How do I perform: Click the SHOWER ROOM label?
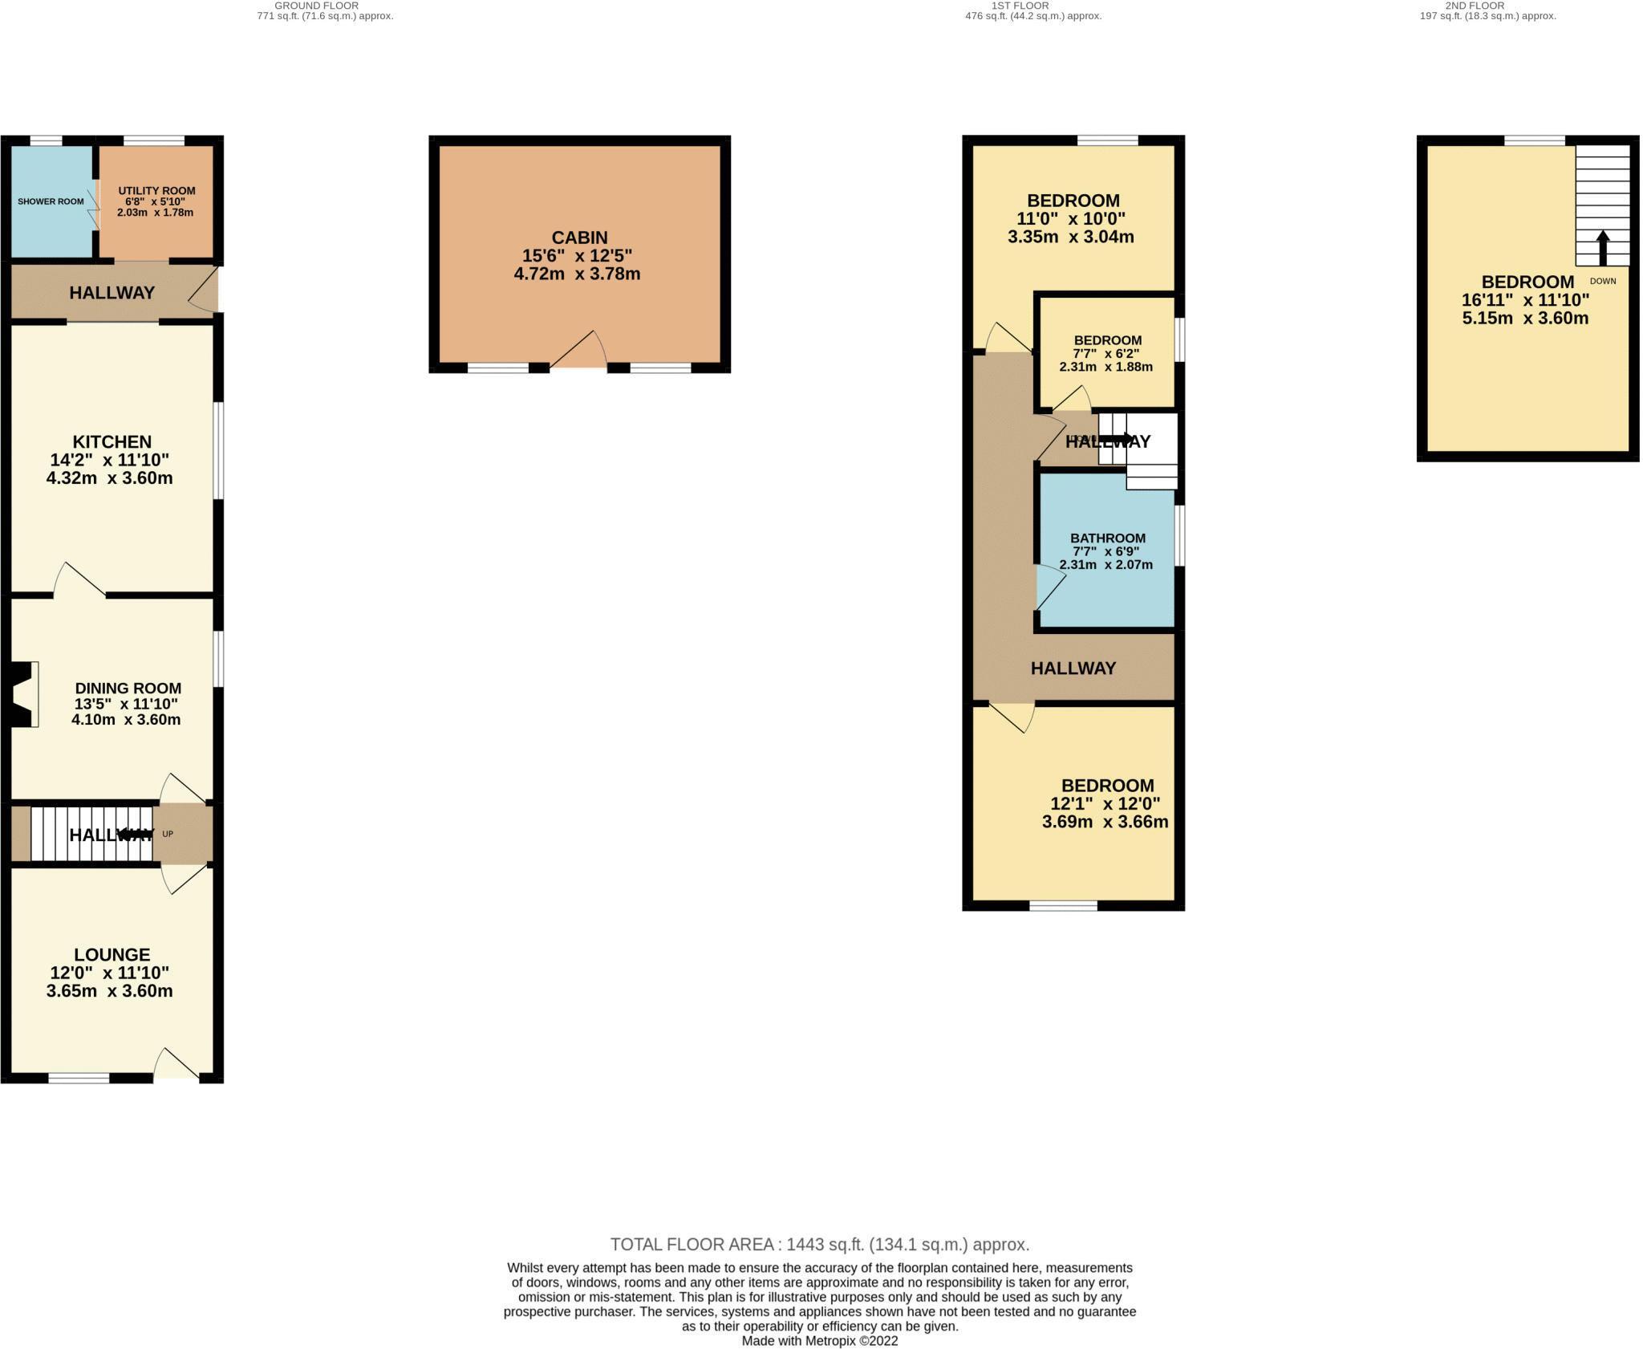tap(51, 201)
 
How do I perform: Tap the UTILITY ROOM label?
tap(156, 191)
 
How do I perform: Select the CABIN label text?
tap(579, 238)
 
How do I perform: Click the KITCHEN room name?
tap(112, 441)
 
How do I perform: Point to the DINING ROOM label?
tap(128, 688)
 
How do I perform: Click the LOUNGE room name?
tap(112, 954)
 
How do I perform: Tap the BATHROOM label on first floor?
tap(1107, 538)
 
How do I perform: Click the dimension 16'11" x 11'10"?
tap(1525, 300)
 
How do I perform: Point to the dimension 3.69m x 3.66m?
tap(1105, 822)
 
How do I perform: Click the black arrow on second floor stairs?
tap(1602, 248)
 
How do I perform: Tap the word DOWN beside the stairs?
tap(1602, 282)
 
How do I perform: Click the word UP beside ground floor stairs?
tap(168, 834)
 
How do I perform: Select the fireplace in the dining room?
tap(24, 694)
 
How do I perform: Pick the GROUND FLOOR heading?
tap(316, 6)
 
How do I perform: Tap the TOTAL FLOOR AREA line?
tap(819, 1245)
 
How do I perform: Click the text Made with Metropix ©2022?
tap(819, 1341)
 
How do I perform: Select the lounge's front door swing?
tap(176, 1064)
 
